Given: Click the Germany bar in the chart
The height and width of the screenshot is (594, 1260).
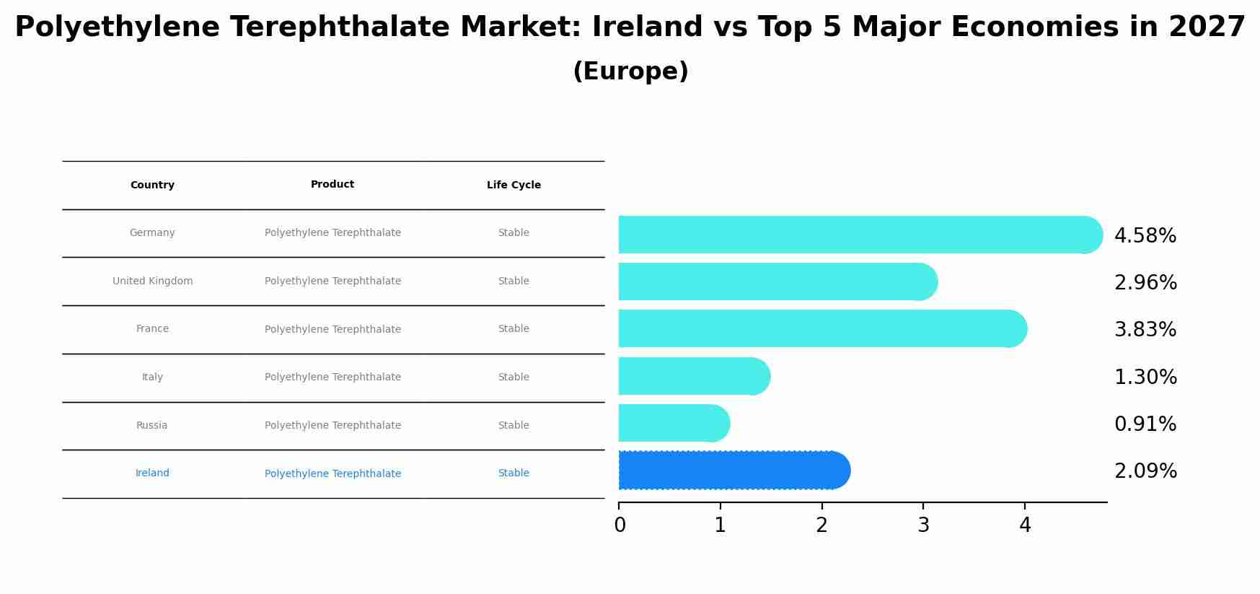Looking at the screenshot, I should (x=858, y=235).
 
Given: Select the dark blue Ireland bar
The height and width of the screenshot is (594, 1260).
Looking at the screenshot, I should (x=732, y=471).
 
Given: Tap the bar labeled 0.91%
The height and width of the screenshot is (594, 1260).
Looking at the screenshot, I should (x=672, y=423).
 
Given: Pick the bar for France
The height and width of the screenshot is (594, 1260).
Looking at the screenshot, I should (x=821, y=328).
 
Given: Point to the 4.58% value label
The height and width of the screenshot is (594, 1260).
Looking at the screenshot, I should (x=1145, y=236).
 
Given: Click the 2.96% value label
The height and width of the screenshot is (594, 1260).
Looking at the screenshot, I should (x=1145, y=283).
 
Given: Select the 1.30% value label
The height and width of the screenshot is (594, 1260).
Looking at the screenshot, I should (x=1145, y=377).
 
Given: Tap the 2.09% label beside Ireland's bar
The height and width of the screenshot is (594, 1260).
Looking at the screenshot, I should (x=1145, y=471).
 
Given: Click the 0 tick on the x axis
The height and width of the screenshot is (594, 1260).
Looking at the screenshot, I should (x=620, y=525).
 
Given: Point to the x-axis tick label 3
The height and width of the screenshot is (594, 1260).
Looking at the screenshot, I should (x=923, y=525).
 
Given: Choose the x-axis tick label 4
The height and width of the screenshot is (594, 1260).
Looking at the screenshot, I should (x=1025, y=525).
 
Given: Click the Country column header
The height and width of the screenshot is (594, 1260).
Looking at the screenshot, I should (x=152, y=185).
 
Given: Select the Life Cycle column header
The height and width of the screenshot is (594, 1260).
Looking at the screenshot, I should (x=514, y=185).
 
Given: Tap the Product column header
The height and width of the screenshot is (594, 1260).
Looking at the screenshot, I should (x=332, y=185).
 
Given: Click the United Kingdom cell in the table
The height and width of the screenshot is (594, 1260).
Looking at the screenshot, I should (x=152, y=281).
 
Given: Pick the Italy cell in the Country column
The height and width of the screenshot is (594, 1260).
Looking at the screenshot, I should (x=152, y=377).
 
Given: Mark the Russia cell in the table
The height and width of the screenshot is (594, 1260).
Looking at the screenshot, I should (x=151, y=426).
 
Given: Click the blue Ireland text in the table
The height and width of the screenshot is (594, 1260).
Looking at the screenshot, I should (x=152, y=473).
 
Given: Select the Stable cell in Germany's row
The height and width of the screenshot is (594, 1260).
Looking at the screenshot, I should (x=514, y=233).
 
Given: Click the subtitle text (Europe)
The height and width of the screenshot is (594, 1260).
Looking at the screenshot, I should (x=630, y=71).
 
